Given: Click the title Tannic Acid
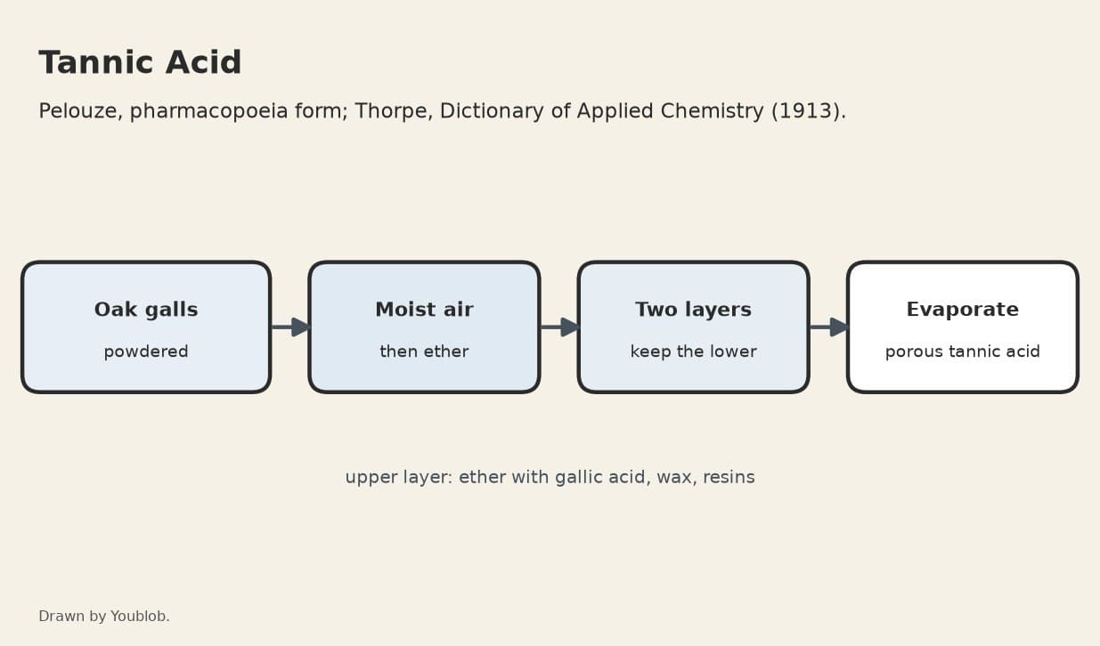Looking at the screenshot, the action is (x=140, y=63).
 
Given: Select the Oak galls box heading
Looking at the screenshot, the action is (x=146, y=310).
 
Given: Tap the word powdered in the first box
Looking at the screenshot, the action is (x=146, y=351).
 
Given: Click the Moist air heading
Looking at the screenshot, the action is (x=424, y=310).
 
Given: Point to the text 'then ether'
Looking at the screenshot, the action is (x=424, y=351).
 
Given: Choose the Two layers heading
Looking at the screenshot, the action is (x=693, y=310).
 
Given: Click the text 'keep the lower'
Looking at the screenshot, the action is (x=693, y=351).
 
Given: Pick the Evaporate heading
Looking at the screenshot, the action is (x=963, y=310).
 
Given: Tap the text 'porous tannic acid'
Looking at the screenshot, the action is (x=963, y=351).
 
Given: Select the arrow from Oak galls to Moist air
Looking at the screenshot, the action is (x=289, y=327).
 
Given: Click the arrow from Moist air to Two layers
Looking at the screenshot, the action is (x=559, y=327).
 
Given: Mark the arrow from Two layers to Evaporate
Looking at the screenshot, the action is (x=828, y=327).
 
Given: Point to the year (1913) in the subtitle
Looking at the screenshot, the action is (x=809, y=111).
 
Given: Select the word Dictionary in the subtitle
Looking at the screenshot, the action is (x=492, y=111).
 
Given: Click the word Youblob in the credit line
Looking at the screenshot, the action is (x=140, y=616).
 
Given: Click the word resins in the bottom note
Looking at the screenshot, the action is (x=729, y=477).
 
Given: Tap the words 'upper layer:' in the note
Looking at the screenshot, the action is (x=399, y=477).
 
